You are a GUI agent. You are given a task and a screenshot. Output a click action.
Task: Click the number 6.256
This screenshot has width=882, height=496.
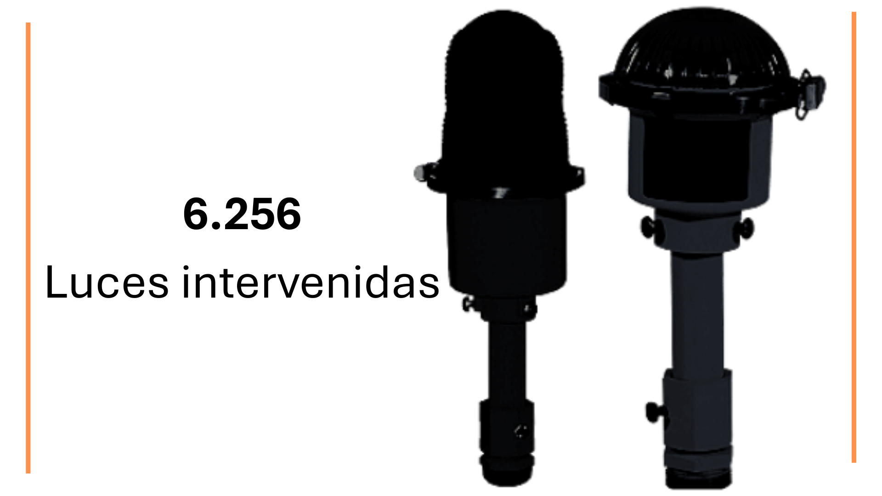(242, 214)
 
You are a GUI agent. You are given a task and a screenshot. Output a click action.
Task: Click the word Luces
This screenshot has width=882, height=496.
(107, 282)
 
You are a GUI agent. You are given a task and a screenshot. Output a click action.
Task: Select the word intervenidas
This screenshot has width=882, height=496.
(311, 282)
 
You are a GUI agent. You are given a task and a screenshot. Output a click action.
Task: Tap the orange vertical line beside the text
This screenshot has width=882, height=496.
(28, 248)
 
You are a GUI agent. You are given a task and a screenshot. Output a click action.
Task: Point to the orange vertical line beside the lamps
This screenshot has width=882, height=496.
(854, 237)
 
